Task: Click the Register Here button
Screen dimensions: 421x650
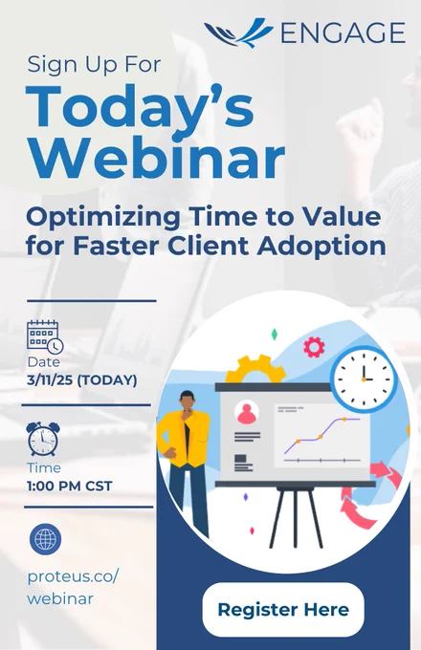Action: click(x=283, y=610)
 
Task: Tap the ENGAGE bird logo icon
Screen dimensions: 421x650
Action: click(x=238, y=33)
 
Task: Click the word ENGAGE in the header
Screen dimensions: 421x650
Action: click(x=343, y=33)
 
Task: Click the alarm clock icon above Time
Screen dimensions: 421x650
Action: click(x=43, y=439)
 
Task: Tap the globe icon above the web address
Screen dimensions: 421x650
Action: click(x=45, y=539)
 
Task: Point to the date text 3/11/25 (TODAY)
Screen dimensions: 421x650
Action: click(x=82, y=379)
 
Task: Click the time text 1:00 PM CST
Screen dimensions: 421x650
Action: click(x=70, y=486)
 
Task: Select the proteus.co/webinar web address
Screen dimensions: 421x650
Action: click(x=73, y=588)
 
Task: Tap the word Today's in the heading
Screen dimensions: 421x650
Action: click(x=140, y=106)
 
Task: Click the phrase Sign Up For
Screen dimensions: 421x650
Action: click(x=94, y=65)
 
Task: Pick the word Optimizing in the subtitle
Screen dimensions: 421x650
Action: click(x=103, y=217)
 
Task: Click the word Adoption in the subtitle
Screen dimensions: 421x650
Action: click(x=321, y=247)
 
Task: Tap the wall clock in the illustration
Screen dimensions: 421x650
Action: click(x=364, y=379)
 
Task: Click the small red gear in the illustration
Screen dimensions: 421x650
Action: click(x=314, y=347)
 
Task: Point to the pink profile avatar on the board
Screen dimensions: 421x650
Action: click(x=247, y=413)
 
